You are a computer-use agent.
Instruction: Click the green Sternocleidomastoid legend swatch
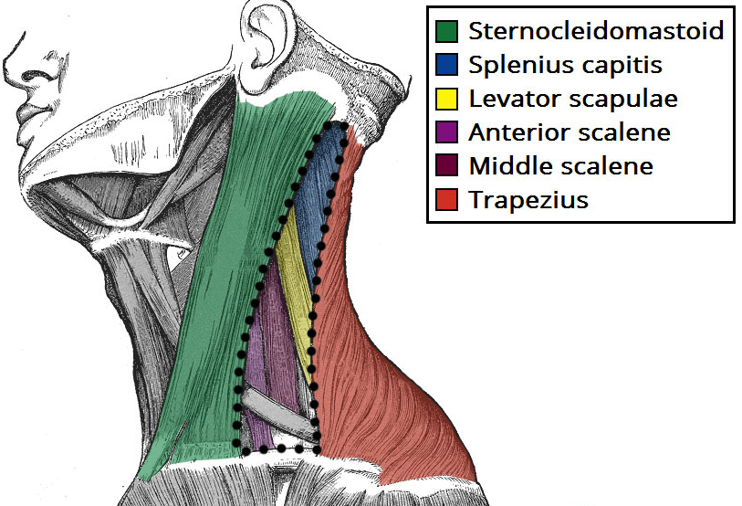pyautogui.click(x=447, y=31)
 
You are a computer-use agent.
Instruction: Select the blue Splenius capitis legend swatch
pyautogui.click(x=447, y=65)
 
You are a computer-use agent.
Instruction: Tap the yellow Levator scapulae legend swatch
pyautogui.click(x=447, y=99)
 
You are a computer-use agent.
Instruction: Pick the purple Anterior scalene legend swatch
pyautogui.click(x=447, y=132)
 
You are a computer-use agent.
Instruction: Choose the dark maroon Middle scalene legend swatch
pyautogui.click(x=447, y=166)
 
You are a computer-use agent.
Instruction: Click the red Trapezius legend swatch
pyautogui.click(x=447, y=200)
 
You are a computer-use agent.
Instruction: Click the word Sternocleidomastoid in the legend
pyautogui.click(x=596, y=31)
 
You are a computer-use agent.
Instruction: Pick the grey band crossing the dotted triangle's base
pyautogui.click(x=274, y=412)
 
